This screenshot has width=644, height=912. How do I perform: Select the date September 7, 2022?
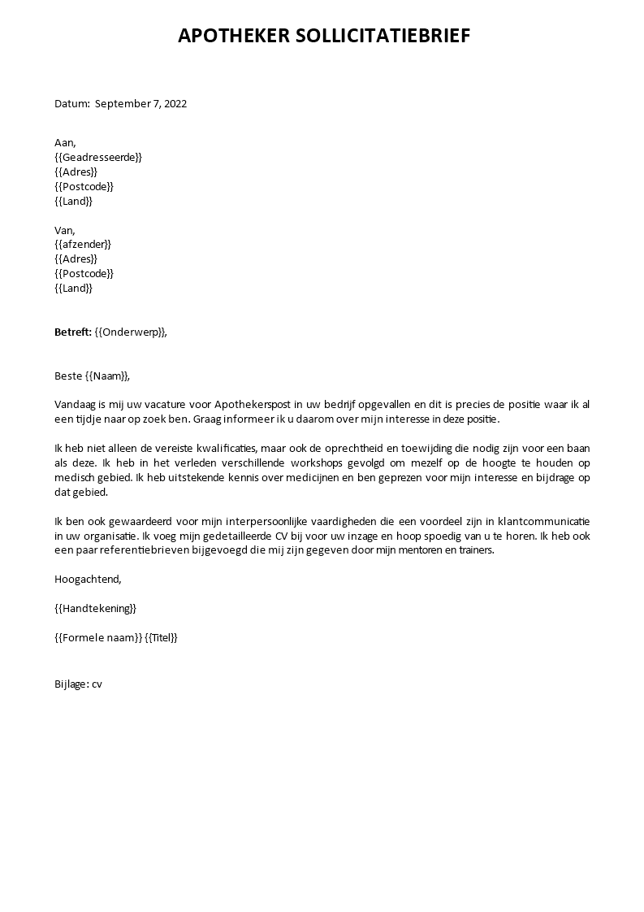click(140, 103)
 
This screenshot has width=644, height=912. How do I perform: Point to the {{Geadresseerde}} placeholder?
click(97, 157)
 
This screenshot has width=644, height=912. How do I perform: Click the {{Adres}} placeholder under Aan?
click(76, 172)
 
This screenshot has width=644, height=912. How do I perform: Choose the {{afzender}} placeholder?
click(82, 244)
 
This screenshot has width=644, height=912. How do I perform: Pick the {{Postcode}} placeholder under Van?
click(84, 273)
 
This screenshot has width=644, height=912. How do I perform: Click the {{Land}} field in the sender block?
click(73, 288)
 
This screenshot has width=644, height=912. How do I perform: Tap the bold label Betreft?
click(73, 332)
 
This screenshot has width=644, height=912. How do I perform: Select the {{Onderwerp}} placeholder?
click(131, 332)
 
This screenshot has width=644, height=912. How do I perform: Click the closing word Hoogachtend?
click(87, 579)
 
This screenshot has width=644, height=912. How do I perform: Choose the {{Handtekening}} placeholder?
click(95, 608)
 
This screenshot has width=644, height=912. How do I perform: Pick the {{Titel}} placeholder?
click(161, 637)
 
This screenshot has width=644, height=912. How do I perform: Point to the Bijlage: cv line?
click(78, 684)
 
